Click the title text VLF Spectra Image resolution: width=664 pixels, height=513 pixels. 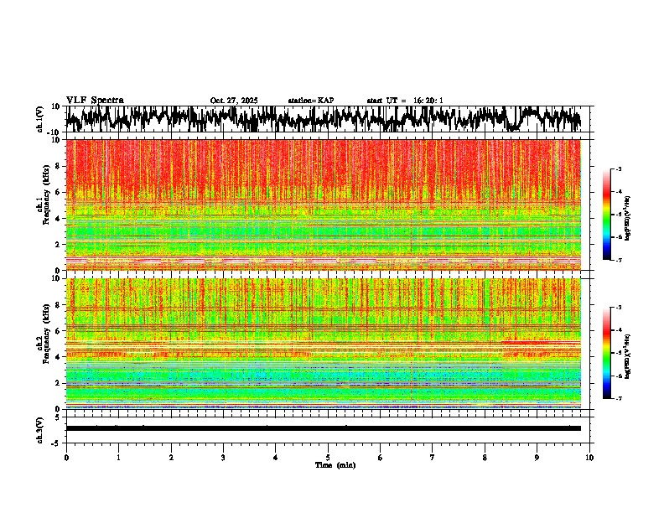tap(95, 100)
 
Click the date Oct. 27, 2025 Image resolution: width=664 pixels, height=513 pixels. tap(234, 101)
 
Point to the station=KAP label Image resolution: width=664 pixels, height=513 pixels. tap(311, 101)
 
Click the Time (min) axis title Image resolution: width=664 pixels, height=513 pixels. tap(335, 464)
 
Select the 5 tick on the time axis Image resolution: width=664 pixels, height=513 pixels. tap(328, 457)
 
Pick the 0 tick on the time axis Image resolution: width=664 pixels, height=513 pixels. tap(66, 457)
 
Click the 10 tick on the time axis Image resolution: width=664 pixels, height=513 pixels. tap(589, 457)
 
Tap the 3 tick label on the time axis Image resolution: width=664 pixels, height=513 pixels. tap(223, 457)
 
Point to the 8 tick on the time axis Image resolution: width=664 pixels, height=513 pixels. tap(485, 457)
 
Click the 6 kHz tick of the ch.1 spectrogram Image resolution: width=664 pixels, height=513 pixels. tap(59, 192)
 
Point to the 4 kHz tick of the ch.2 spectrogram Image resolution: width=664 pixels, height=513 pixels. tap(59, 356)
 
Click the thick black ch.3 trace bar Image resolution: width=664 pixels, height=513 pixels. tap(323, 428)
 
